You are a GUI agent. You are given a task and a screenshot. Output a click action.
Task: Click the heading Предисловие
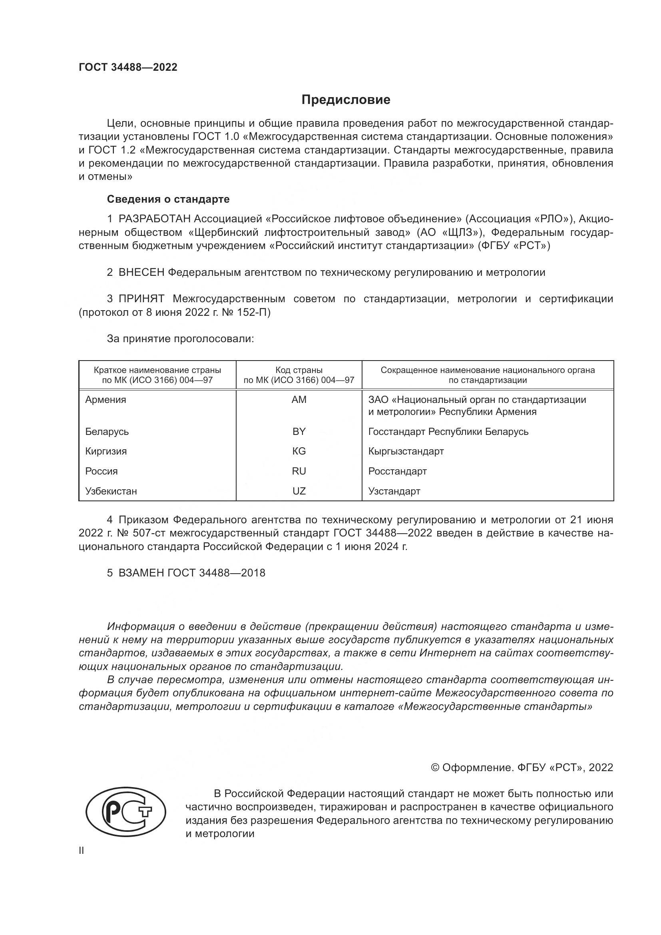point(346,100)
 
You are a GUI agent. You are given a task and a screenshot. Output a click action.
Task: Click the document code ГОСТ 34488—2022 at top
point(128,67)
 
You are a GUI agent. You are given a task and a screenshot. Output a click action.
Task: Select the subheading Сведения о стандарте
point(168,199)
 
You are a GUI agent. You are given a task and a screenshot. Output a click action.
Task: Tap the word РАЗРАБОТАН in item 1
point(154,219)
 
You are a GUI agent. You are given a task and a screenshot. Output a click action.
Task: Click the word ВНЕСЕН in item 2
point(141,273)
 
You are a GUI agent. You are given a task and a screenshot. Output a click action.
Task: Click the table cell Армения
point(106,399)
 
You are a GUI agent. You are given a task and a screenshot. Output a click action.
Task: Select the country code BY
point(299,431)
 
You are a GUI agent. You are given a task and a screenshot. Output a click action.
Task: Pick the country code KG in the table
point(299,451)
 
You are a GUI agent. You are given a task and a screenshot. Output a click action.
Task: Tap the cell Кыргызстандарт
point(406,451)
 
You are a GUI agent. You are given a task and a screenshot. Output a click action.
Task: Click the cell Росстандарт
point(397,471)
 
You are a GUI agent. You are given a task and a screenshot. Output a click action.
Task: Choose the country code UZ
point(299,491)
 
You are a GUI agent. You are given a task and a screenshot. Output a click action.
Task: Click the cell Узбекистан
point(111,491)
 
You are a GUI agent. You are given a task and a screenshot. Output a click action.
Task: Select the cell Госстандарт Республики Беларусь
point(448,431)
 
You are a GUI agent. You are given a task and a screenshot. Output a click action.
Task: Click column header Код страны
point(299,370)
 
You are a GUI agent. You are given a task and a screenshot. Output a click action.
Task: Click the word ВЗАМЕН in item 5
point(141,573)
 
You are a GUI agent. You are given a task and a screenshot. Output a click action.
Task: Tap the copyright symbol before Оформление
point(435,768)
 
